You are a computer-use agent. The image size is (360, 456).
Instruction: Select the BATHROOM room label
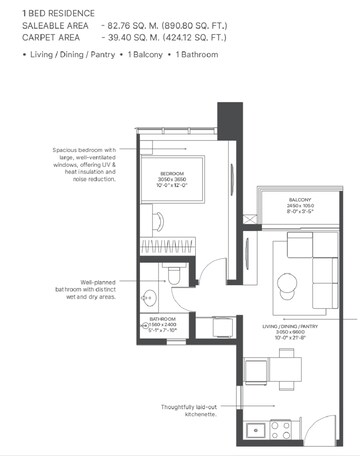click(163, 319)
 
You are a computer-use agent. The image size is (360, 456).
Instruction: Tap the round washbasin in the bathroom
click(148, 296)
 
